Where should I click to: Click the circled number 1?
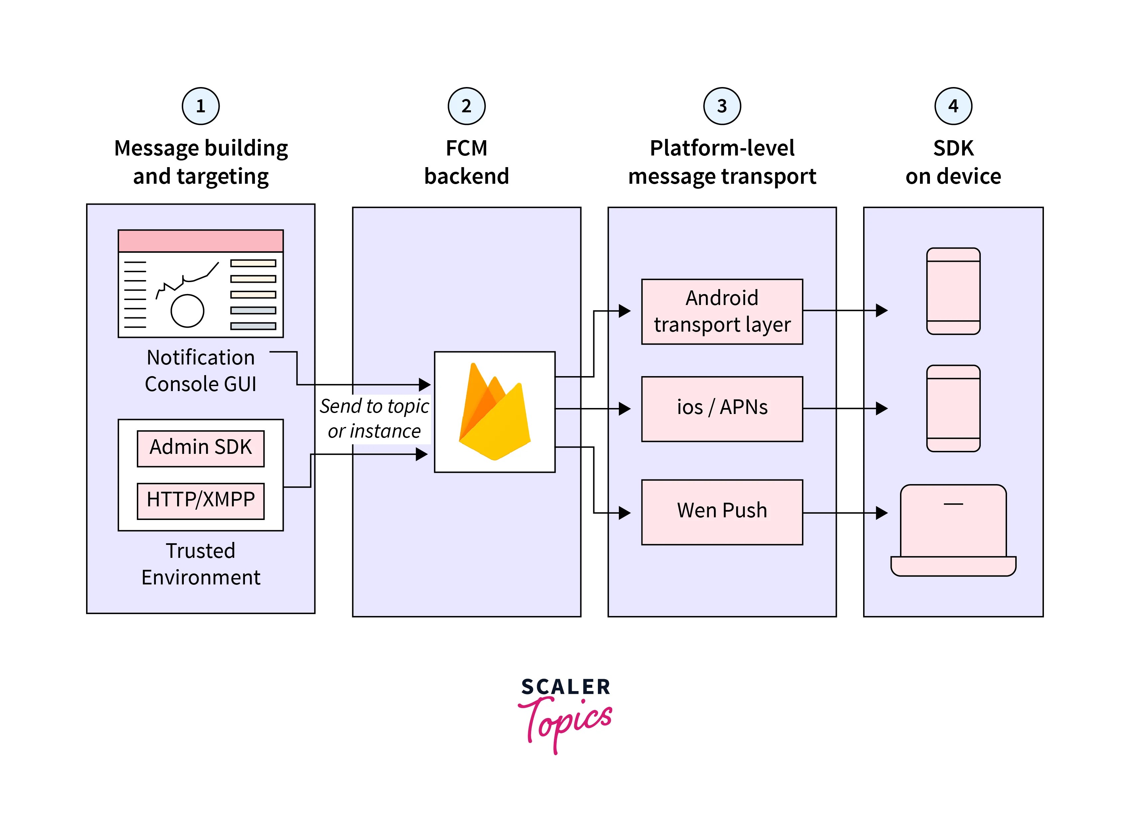coord(200,106)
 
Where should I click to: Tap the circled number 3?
coord(722,106)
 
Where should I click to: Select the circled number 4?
coord(953,106)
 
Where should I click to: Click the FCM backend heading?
coord(466,162)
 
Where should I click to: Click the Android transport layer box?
coord(722,311)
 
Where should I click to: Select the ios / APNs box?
coord(722,409)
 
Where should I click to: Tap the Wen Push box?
coord(722,512)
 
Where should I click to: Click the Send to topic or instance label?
coord(374,418)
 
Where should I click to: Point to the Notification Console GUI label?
coord(200,371)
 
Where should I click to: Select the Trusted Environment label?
coord(200,564)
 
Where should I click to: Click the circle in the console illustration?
coord(187,311)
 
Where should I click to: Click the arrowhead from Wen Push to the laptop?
coord(881,513)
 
